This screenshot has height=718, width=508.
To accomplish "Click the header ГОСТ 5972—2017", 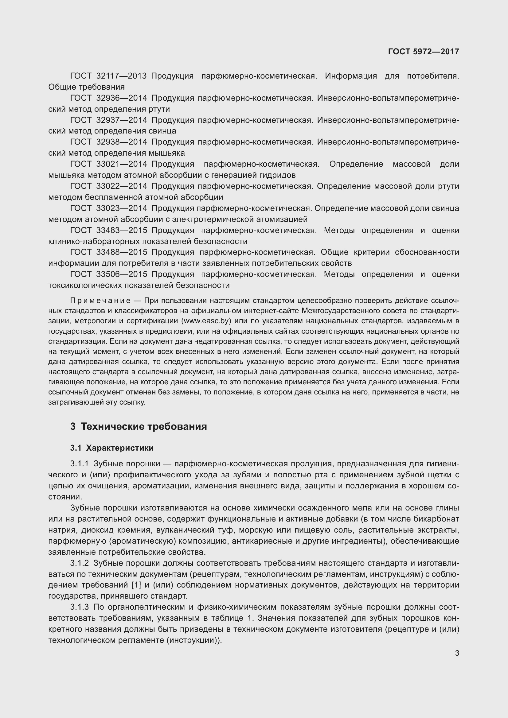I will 423,52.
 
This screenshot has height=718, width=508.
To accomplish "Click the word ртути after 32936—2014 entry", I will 159,109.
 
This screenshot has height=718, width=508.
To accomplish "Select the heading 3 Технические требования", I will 139,427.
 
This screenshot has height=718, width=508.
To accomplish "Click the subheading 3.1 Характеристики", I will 112,448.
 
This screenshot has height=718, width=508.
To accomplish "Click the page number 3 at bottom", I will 457,653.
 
